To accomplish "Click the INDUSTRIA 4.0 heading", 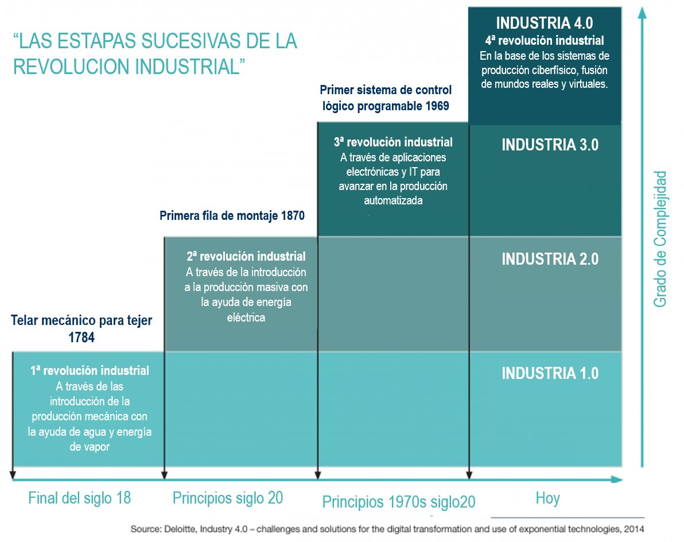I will click(x=544, y=23).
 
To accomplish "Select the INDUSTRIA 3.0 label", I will click(x=550, y=145).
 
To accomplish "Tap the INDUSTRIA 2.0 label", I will click(x=550, y=259).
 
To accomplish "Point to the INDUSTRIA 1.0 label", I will click(x=550, y=373).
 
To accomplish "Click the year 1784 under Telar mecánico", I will click(x=81, y=338).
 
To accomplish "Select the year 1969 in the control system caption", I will click(x=435, y=106).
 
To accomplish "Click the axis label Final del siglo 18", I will click(x=79, y=498).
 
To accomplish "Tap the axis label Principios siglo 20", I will click(x=228, y=498).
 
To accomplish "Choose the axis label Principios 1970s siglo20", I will click(x=398, y=501).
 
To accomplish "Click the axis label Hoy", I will click(x=547, y=498).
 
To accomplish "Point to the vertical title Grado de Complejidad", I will click(x=660, y=238).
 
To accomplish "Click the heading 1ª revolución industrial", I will click(x=90, y=371).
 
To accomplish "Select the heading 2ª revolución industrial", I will click(x=246, y=256).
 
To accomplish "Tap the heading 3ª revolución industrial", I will click(x=393, y=142).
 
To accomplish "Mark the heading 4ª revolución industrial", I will click(x=544, y=41).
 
